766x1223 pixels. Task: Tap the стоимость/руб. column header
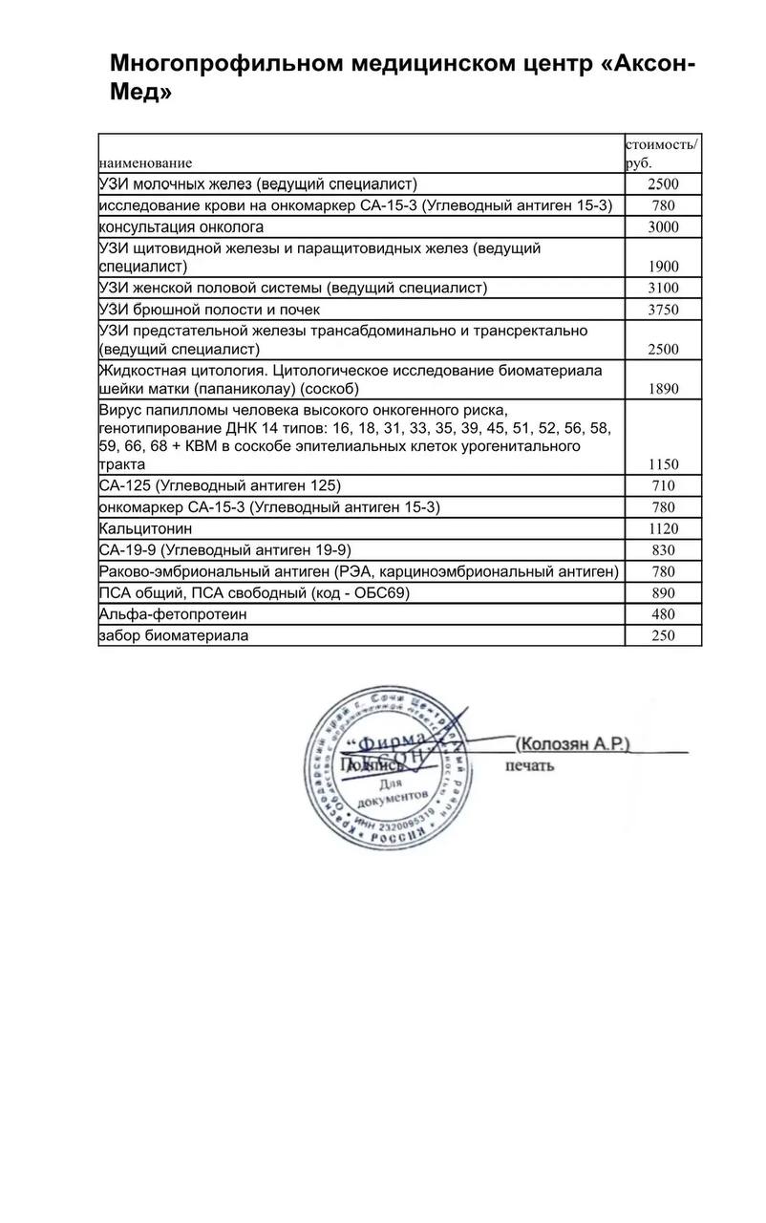pos(661,153)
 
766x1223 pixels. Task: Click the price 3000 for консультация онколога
pos(663,227)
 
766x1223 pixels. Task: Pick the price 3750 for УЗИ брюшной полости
pos(663,310)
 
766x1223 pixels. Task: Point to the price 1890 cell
pos(663,390)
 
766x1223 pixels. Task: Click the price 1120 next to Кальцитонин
pos(663,529)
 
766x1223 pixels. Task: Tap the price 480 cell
pos(663,614)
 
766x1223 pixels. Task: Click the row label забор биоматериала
pos(174,635)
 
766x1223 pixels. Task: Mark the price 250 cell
pos(663,636)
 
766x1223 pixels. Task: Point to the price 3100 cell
pos(663,289)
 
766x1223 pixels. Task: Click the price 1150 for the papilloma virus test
pos(663,464)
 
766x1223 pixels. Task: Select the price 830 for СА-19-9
pos(663,550)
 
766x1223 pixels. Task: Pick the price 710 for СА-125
pos(663,486)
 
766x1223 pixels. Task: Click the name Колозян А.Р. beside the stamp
pos(572,743)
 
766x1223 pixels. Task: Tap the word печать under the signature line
pos(530,764)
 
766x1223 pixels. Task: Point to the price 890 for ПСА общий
pos(663,593)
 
